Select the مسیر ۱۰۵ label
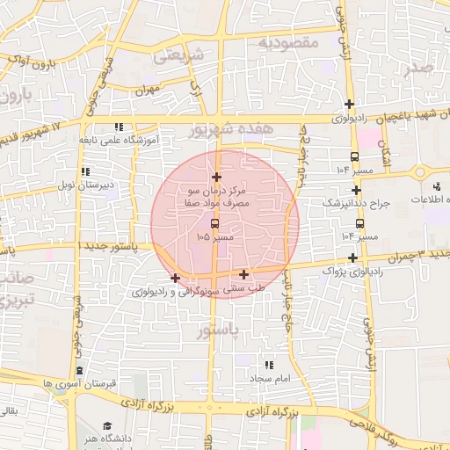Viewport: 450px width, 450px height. tap(215, 237)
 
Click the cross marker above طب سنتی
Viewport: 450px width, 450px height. tap(243, 274)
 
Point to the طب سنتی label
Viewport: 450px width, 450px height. tap(244, 287)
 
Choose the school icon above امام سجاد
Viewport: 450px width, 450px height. tap(268, 364)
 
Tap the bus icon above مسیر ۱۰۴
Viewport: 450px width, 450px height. tap(354, 223)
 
